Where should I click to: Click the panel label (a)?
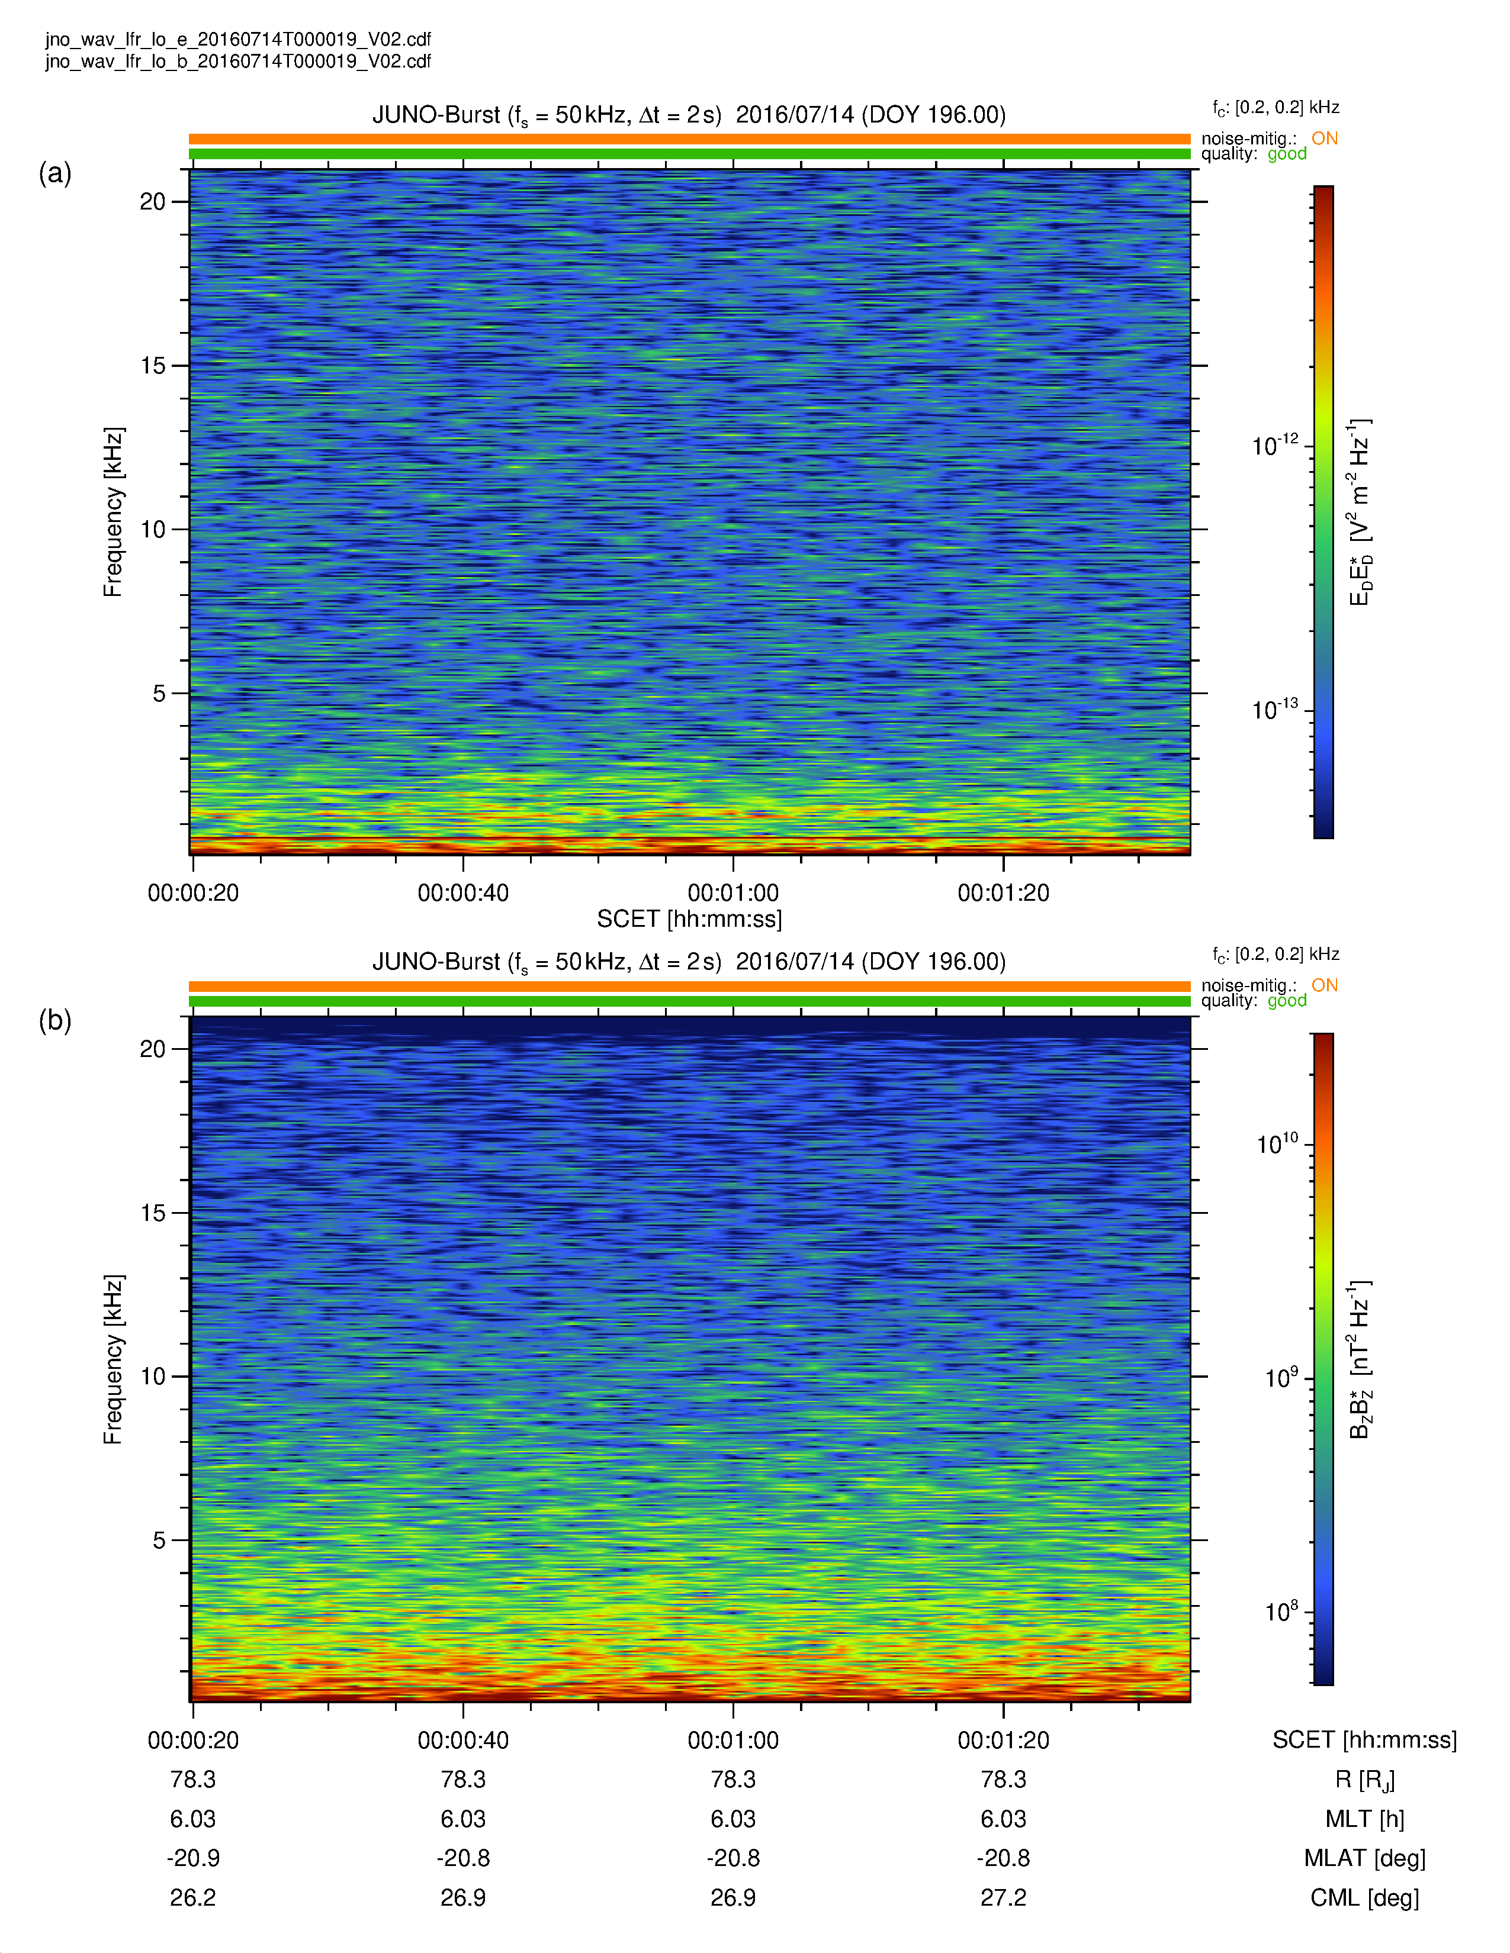[x=54, y=173]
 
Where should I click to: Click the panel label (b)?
[x=54, y=1020]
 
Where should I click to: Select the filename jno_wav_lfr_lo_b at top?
[x=239, y=61]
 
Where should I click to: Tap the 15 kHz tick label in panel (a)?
[x=153, y=366]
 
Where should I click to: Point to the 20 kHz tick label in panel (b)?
[x=153, y=1049]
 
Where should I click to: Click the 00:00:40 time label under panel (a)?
[x=464, y=892]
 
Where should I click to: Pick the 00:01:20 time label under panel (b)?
[x=1004, y=1740]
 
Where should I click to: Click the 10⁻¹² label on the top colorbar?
[x=1275, y=444]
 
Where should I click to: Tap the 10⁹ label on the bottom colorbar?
[x=1281, y=1377]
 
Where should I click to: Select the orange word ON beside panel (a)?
[x=1325, y=138]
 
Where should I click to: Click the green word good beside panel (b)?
[x=1287, y=1001]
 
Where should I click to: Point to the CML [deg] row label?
[x=1365, y=1897]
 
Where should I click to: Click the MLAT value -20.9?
[x=193, y=1858]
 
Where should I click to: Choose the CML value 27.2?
[x=1004, y=1897]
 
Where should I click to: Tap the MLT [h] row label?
[x=1365, y=1819]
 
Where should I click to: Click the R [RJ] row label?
[x=1365, y=1780]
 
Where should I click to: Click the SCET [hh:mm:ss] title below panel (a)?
[x=690, y=919]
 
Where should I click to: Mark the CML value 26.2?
[x=193, y=1897]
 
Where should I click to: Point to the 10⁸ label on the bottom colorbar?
[x=1281, y=1612]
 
